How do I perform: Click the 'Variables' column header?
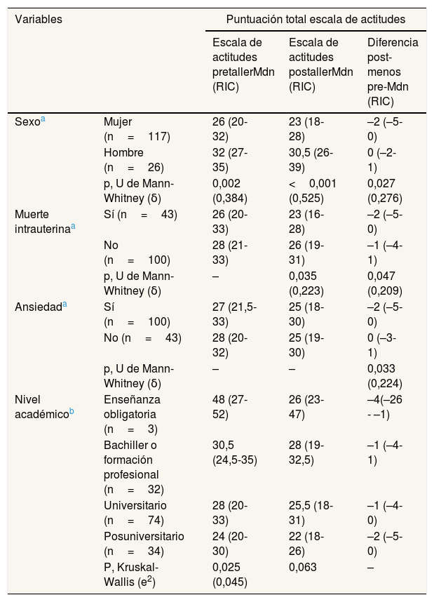point(39,19)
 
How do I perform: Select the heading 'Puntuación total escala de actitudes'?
point(316,19)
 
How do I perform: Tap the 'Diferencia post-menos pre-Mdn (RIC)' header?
point(393,72)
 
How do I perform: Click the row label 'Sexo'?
point(30,121)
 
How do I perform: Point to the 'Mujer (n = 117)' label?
point(137,129)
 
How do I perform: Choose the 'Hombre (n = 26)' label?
point(134,160)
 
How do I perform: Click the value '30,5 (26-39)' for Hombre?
point(311,160)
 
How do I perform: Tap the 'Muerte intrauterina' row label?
point(45,222)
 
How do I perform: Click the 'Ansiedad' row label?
point(41,307)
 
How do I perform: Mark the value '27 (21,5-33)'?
point(234,314)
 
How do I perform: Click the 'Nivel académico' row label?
point(44,407)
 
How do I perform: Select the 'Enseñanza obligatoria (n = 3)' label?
point(132,414)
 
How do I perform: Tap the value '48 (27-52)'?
point(230,407)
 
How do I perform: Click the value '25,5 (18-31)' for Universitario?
point(311,513)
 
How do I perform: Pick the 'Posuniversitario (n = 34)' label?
point(144,544)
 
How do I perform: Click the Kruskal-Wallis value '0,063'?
point(303,567)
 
